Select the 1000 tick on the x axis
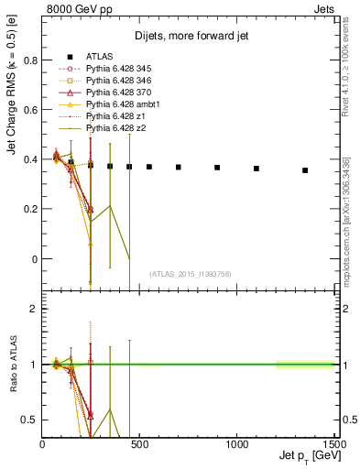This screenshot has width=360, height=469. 237,442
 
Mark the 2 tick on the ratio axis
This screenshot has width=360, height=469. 33,309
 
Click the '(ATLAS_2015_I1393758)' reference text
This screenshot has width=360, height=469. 190,273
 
